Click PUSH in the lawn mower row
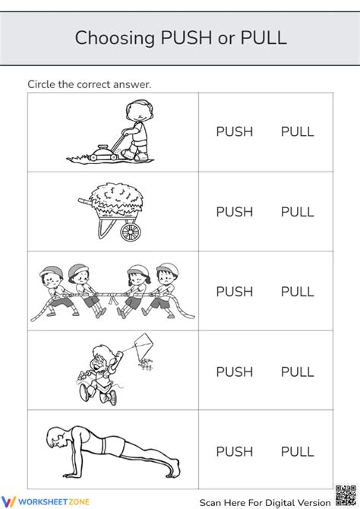[234, 132]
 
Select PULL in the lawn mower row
[297, 132]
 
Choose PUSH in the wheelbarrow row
[234, 212]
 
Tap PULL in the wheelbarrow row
[297, 212]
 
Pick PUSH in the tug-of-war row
[234, 292]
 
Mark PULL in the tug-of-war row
[297, 292]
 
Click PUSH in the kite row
[234, 372]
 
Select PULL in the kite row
[297, 372]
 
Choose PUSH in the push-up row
[234, 452]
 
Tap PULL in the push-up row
[297, 452]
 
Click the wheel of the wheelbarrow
[131, 231]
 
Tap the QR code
[344, 495]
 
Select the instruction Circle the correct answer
[89, 84]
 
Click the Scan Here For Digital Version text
[265, 502]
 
